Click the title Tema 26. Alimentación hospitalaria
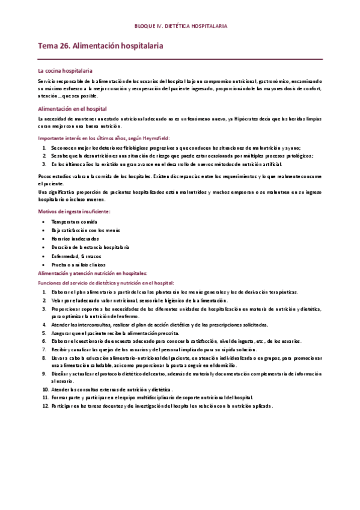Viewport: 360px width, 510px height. pyautogui.click(x=100, y=46)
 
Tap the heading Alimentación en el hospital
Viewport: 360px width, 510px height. pyautogui.click(x=72, y=109)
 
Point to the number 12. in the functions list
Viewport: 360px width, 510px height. pyautogui.click(x=45, y=406)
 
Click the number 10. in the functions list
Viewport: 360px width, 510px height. pyautogui.click(x=45, y=389)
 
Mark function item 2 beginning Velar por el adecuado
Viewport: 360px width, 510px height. pyautogui.click(x=139, y=300)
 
